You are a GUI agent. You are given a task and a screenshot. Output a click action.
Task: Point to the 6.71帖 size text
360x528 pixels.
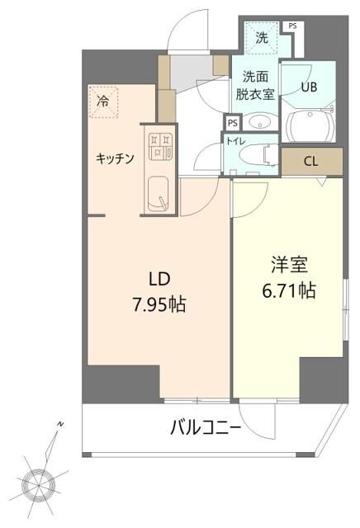click(289, 291)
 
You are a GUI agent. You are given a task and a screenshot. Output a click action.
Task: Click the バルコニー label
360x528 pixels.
click(206, 428)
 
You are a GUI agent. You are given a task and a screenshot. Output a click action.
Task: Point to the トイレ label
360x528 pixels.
click(234, 141)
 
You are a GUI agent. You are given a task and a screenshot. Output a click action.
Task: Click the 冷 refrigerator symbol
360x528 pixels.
click(104, 103)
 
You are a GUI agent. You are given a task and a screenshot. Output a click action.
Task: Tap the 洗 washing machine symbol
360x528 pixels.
click(262, 36)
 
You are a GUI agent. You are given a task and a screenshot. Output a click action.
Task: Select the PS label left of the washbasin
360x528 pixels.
click(233, 123)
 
